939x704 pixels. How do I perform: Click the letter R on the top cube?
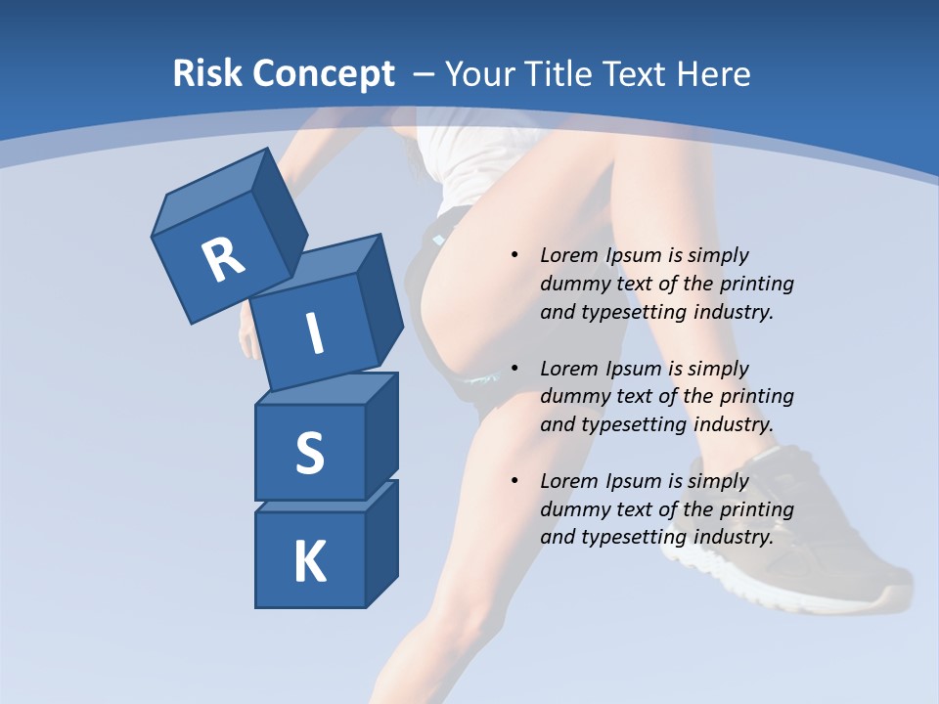point(223,260)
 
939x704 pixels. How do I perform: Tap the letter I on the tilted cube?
point(314,334)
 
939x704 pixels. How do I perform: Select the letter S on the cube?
point(309,453)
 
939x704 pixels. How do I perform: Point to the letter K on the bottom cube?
point(309,562)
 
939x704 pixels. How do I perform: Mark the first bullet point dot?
point(514,255)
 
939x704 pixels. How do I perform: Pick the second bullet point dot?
point(514,369)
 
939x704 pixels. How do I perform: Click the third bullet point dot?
point(514,481)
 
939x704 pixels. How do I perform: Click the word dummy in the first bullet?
point(571,284)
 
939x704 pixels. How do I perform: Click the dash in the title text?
point(425,74)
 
